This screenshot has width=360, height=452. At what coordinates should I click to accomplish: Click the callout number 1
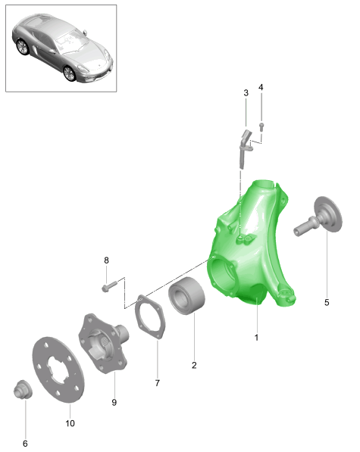[256, 337]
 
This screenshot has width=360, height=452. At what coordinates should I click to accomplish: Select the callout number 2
[194, 365]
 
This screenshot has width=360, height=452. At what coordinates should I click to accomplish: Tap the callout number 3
[246, 93]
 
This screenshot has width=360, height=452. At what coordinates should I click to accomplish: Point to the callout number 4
[261, 87]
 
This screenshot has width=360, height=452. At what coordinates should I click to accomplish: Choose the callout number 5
[327, 302]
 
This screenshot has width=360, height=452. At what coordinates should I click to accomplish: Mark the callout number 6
[25, 444]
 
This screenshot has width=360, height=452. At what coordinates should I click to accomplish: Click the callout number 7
[157, 383]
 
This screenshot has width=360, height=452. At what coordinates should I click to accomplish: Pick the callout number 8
[106, 260]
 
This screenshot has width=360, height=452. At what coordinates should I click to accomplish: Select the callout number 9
[114, 403]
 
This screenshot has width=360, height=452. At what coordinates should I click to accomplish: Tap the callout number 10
[70, 423]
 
